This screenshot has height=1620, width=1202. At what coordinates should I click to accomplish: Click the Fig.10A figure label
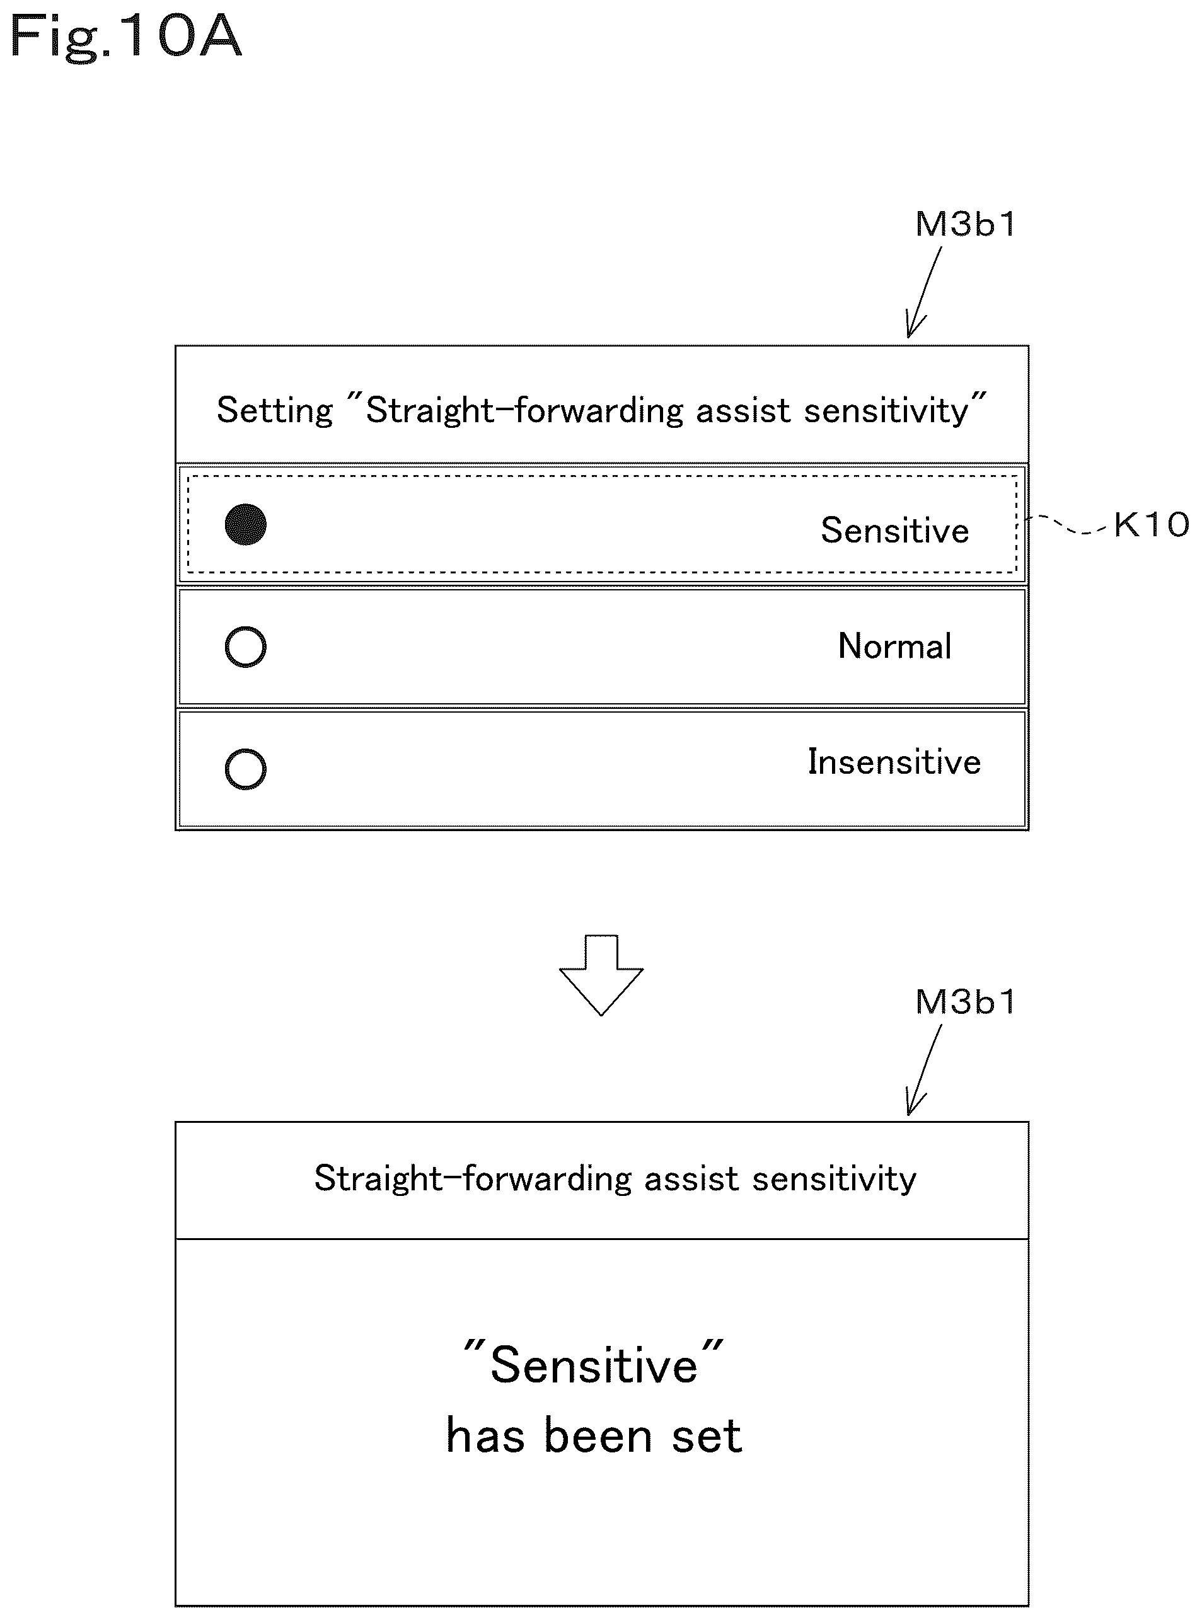(125, 38)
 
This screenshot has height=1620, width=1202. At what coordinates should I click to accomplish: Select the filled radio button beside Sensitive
(245, 524)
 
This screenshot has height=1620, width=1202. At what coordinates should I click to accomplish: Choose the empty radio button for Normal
(245, 646)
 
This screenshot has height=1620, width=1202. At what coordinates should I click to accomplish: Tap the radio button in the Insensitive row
(245, 769)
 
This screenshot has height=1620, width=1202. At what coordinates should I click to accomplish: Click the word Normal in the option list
(894, 646)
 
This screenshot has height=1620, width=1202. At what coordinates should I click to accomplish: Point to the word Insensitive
(894, 762)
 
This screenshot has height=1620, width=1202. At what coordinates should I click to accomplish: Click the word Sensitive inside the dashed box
(895, 531)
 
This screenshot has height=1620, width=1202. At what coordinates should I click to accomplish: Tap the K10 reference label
(1151, 524)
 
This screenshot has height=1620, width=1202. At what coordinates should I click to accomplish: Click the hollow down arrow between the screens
(601, 975)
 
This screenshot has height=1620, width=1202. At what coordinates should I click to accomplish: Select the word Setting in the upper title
(274, 411)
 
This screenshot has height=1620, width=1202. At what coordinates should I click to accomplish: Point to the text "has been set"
(594, 1436)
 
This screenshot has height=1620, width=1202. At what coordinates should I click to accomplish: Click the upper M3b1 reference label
(966, 224)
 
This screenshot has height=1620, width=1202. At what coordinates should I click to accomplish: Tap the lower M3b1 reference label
(966, 1002)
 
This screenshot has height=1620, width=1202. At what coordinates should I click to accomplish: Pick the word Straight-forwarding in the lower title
(473, 1179)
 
